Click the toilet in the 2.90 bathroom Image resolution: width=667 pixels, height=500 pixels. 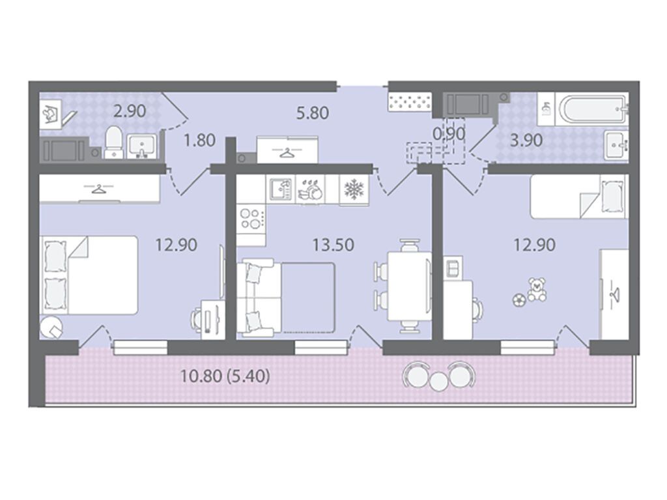click(113, 141)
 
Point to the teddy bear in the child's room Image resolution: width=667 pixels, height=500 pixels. click(537, 290)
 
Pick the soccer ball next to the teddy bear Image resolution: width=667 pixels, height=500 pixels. click(519, 299)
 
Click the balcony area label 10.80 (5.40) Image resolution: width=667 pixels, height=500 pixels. click(225, 376)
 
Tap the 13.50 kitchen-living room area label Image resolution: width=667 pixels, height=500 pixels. click(333, 245)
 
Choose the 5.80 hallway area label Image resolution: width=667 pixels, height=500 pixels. click(313, 113)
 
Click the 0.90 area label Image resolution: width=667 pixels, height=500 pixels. click(449, 133)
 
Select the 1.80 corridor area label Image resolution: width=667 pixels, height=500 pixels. click(199, 140)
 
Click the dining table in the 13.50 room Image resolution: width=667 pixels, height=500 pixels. click(408, 287)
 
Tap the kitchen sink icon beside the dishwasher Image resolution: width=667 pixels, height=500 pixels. click(280, 189)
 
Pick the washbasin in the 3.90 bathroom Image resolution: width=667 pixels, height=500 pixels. click(616, 145)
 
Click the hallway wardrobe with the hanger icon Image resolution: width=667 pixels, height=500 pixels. click(287, 150)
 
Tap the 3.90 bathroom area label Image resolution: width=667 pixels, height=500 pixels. click(526, 140)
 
